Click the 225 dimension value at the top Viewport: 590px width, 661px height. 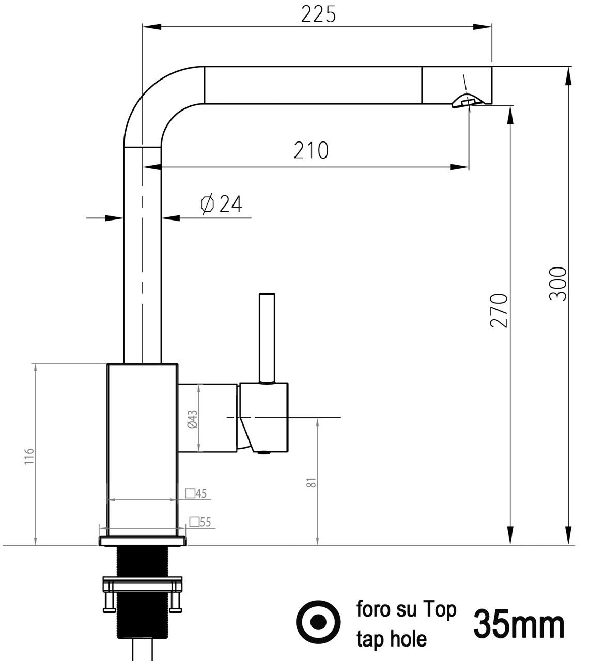(x=318, y=14)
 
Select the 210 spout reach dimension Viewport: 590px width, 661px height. (x=311, y=150)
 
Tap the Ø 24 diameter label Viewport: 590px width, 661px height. (x=221, y=204)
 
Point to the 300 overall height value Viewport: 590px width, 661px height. (x=558, y=283)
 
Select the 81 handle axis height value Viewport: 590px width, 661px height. (x=310, y=483)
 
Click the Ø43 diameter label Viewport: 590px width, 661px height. (x=192, y=419)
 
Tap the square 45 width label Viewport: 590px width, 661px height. (x=196, y=494)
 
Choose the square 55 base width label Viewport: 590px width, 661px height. (x=200, y=522)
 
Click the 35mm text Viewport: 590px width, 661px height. (x=519, y=624)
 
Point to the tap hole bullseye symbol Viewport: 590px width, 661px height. (x=318, y=622)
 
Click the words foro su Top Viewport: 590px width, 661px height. (x=407, y=610)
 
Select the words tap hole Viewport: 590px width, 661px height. (x=391, y=639)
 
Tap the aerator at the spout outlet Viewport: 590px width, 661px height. (x=468, y=101)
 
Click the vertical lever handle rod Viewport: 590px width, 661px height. (x=267, y=336)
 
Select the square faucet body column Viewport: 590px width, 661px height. (x=142, y=449)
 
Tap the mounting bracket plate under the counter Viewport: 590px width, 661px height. (x=143, y=586)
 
